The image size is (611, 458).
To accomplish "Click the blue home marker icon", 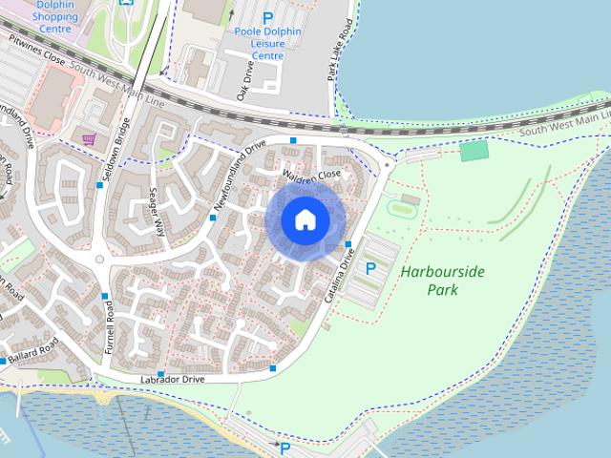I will (x=305, y=219).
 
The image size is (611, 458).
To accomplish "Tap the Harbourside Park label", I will (x=442, y=280).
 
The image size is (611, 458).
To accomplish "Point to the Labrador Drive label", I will (x=174, y=379).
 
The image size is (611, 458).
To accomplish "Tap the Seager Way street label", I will (x=158, y=211).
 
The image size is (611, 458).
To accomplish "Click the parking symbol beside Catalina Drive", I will (x=370, y=270).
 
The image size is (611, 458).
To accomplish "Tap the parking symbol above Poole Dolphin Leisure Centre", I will (x=267, y=17).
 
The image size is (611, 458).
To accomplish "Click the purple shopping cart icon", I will (x=89, y=139).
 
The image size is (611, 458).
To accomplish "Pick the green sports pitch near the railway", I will (x=474, y=151).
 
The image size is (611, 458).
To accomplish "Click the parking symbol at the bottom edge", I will (x=284, y=448).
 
